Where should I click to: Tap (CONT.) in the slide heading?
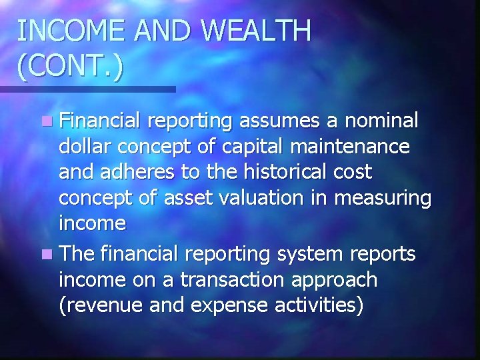(70, 68)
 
